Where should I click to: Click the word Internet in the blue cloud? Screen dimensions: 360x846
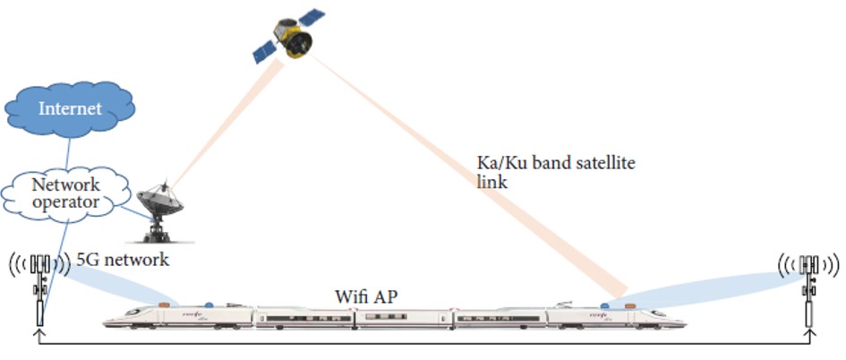(69, 109)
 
